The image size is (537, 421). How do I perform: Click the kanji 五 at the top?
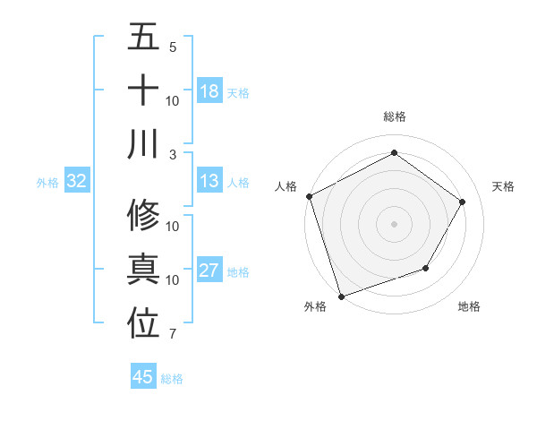click(144, 38)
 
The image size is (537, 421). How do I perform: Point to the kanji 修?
click(144, 216)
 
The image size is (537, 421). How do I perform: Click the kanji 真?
click(144, 270)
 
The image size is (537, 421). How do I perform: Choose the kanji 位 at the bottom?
click(144, 323)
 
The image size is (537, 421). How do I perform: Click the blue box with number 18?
click(209, 90)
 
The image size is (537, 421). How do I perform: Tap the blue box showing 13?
click(209, 182)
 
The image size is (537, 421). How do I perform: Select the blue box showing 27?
click(209, 271)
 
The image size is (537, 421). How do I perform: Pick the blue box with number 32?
click(77, 182)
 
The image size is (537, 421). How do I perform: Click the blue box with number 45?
click(143, 377)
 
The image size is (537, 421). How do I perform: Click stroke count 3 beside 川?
click(173, 154)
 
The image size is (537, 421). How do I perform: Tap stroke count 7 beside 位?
click(173, 334)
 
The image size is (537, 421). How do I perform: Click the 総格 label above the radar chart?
click(394, 116)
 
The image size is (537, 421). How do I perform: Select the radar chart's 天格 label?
click(504, 186)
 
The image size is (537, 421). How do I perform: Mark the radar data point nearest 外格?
click(341, 296)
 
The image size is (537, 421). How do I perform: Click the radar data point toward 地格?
click(426, 268)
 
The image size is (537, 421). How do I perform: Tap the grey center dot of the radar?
click(394, 223)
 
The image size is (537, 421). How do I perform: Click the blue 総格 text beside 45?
click(172, 378)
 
